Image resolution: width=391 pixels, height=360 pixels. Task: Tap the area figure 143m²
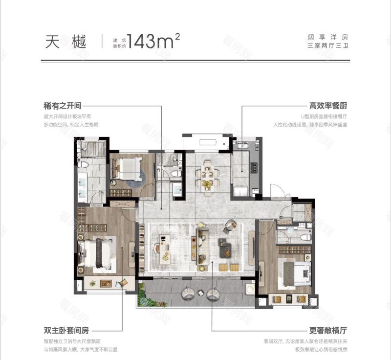(153, 42)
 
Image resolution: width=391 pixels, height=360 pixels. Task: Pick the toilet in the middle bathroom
(175, 173)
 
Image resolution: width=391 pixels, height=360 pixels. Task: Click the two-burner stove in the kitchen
(254, 168)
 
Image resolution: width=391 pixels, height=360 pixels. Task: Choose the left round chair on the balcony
(188, 293)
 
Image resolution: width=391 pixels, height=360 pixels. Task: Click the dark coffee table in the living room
(225, 247)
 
